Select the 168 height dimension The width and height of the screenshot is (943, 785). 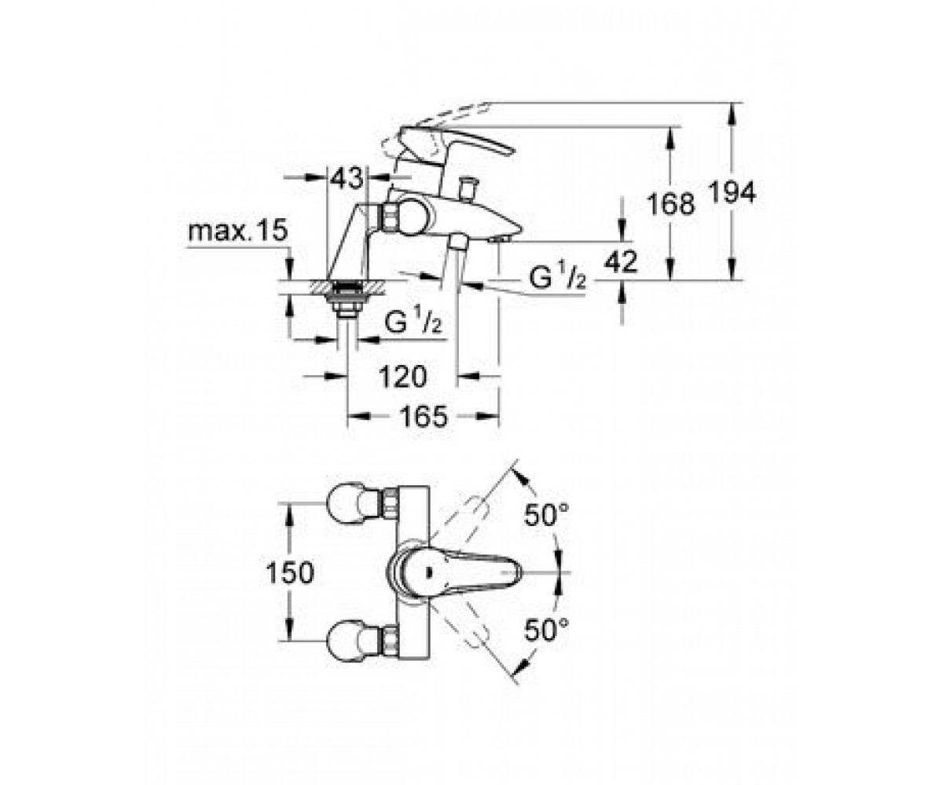670,203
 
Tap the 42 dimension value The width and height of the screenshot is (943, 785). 621,261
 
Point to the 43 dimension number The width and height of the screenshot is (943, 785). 347,178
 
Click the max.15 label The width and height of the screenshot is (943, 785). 237,230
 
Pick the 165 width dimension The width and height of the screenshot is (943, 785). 424,416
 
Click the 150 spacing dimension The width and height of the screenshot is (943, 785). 289,573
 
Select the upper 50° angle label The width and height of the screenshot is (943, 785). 546,514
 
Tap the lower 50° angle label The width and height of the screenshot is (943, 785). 546,630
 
